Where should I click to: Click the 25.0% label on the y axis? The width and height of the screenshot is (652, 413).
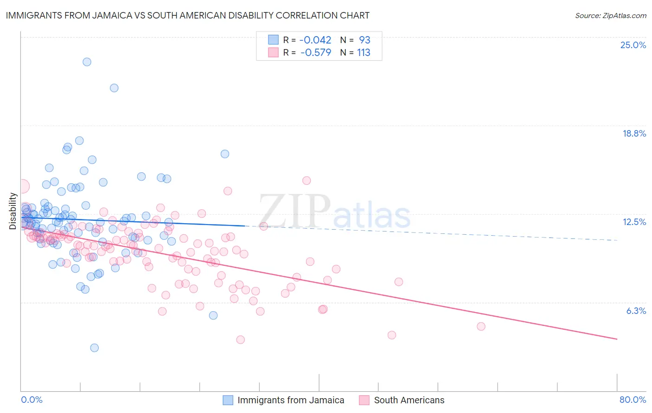click(x=633, y=45)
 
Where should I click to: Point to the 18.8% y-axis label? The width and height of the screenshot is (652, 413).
click(x=634, y=133)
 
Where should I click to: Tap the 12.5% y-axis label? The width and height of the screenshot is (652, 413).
click(x=634, y=222)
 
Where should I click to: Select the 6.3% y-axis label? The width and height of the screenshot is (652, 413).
click(x=636, y=311)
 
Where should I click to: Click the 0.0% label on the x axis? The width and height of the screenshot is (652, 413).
click(x=32, y=400)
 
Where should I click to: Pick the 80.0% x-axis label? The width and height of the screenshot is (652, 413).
click(x=633, y=400)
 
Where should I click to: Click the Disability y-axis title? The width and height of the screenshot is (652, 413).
click(x=13, y=211)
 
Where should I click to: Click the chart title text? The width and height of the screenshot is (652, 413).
click(x=187, y=15)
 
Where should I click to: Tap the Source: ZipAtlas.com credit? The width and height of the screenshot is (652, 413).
click(x=610, y=15)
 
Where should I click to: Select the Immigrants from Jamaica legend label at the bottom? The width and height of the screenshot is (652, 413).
click(x=291, y=400)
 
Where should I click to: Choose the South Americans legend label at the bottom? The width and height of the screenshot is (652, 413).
click(x=409, y=400)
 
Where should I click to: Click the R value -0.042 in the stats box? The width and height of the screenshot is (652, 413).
click(x=315, y=40)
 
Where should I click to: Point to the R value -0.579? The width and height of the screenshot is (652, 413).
click(x=315, y=52)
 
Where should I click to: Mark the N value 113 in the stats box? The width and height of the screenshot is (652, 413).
click(x=364, y=52)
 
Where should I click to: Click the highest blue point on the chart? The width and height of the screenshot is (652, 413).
click(x=87, y=62)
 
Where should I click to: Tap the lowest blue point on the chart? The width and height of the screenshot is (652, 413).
click(x=94, y=348)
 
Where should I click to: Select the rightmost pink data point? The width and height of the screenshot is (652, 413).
click(x=481, y=326)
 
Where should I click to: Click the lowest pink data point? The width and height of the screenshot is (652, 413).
click(x=240, y=340)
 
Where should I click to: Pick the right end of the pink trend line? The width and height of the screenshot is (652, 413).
click(x=617, y=339)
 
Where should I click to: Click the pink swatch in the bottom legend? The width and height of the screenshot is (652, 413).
click(x=364, y=400)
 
